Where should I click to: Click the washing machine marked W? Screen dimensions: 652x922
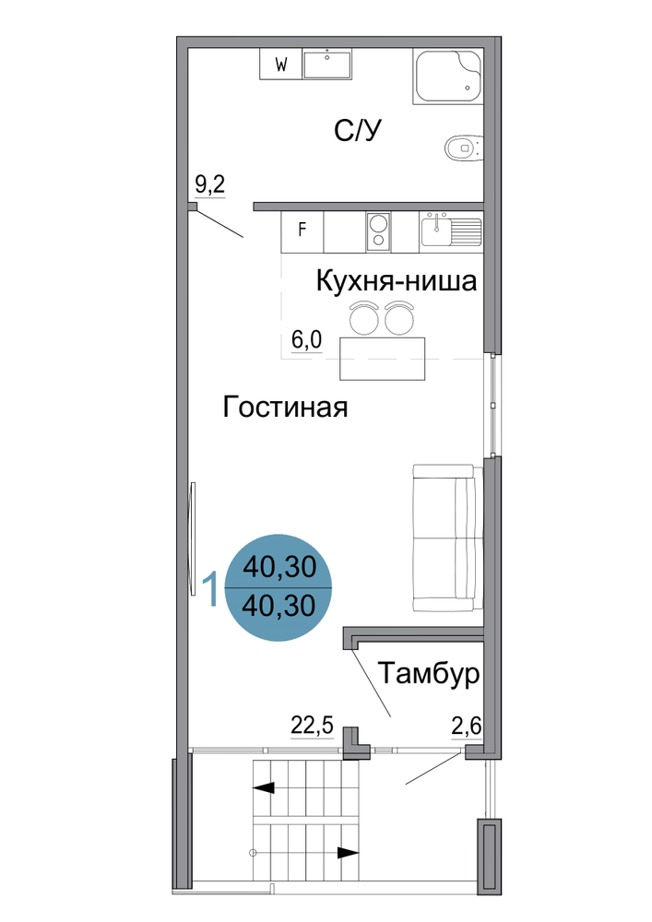click(x=281, y=65)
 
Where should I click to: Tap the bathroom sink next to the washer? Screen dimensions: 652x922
click(x=327, y=65)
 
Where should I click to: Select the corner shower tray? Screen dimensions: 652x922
click(x=447, y=77)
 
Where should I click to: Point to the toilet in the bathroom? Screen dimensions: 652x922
click(x=463, y=147)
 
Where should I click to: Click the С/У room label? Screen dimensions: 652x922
click(x=358, y=130)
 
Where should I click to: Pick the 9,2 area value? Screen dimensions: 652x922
click(x=210, y=185)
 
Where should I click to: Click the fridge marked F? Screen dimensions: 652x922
click(x=302, y=231)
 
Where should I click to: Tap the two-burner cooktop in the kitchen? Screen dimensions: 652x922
click(x=379, y=231)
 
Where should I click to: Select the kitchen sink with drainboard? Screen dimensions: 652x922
click(x=451, y=230)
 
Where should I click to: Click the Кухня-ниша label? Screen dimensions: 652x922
click(x=397, y=280)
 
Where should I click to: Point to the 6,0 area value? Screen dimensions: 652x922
click(x=307, y=339)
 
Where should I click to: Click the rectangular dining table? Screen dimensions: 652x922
click(x=382, y=359)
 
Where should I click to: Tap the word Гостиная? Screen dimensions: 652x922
click(x=285, y=407)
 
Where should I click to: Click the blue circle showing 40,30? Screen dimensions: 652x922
click(x=279, y=586)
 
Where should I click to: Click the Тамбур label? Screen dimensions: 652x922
click(x=429, y=673)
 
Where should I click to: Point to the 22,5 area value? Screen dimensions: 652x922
click(x=313, y=726)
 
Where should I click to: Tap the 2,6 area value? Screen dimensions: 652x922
click(x=467, y=727)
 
